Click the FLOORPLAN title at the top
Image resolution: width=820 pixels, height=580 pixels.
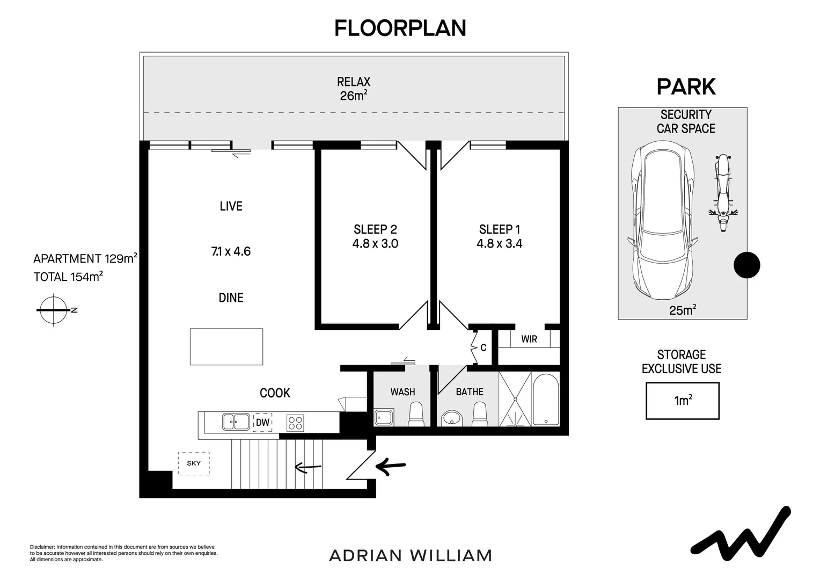[400, 28]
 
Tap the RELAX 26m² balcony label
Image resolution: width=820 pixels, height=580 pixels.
[354, 89]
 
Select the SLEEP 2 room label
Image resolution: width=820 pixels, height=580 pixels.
[375, 229]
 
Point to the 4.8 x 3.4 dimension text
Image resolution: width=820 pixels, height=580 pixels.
[499, 244]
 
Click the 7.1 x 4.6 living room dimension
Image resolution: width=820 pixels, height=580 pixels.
[231, 251]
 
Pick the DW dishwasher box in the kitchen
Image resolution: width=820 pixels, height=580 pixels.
[262, 423]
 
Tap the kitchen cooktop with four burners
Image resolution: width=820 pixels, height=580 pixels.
[295, 423]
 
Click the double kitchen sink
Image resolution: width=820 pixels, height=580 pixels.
[236, 422]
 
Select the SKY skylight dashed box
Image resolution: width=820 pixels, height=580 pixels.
[194, 463]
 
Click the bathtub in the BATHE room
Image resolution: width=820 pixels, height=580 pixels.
[546, 399]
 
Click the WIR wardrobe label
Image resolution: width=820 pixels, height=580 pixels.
[529, 339]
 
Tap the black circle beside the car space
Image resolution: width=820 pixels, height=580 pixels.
[747, 265]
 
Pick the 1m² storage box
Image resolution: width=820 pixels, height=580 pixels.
[682, 401]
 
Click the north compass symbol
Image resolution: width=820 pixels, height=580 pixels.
[53, 310]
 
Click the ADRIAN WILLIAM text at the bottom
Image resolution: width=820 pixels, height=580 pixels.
[411, 555]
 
